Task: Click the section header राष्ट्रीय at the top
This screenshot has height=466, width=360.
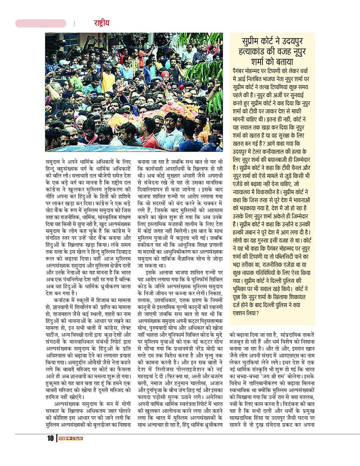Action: [101, 23]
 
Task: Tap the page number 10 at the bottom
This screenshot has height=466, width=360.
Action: [50, 438]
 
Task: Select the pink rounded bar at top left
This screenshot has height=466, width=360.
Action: [41, 23]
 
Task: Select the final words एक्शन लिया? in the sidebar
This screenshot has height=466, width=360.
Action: [245, 313]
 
